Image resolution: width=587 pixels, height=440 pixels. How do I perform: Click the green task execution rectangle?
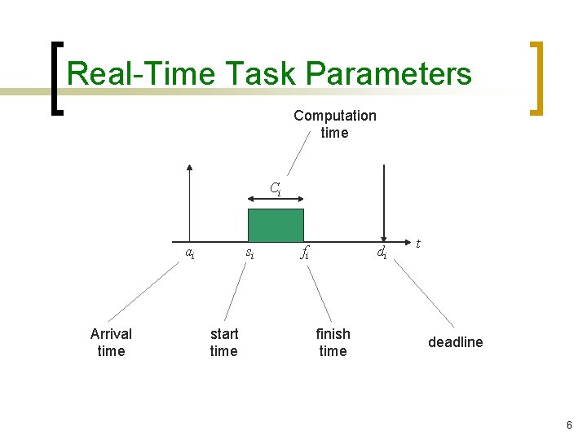[276, 225]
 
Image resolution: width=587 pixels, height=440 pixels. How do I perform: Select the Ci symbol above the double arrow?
[276, 190]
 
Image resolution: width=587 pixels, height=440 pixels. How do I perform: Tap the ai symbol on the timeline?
[189, 253]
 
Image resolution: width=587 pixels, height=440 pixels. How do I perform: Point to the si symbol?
[249, 253]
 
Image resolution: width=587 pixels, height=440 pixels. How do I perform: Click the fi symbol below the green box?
[304, 253]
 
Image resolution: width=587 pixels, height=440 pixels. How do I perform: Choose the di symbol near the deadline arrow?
[381, 253]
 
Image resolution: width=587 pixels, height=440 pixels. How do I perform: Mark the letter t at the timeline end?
[418, 243]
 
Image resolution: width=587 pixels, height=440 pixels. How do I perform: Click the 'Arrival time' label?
[111, 342]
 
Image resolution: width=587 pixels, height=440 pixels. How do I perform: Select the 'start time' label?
[223, 342]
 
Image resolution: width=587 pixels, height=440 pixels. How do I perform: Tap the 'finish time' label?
[333, 342]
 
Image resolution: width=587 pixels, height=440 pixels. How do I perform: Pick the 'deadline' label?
[455, 342]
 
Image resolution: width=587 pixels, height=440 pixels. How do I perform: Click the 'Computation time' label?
[334, 124]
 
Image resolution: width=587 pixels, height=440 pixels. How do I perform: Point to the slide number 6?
[569, 425]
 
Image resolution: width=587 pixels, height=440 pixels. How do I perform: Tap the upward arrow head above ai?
[189, 169]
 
